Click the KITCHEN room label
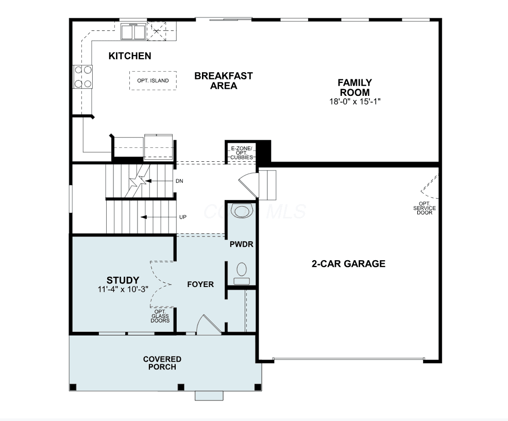130,56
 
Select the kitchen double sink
133,32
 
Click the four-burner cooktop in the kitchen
82,77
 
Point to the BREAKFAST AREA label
224,81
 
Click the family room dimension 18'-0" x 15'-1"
355,102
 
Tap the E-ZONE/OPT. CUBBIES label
241,153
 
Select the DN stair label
179,181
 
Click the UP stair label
183,217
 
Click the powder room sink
242,212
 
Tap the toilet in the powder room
242,274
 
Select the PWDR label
241,244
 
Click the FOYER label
200,284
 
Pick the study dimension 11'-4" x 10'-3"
123,289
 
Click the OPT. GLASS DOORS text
160,316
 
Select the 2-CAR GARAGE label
349,263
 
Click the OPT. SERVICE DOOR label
425,208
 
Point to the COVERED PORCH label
162,363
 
